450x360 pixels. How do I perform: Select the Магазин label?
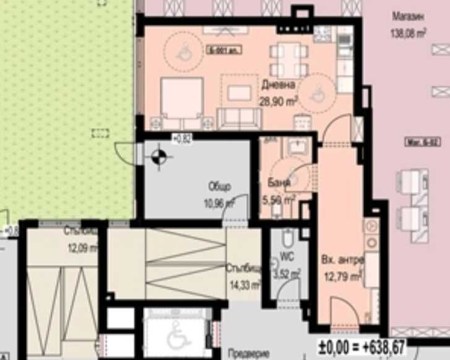(x=409, y=17)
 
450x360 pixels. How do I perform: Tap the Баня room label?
(x=277, y=182)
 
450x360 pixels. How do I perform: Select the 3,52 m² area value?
(x=287, y=271)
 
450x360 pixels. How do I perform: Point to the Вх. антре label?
(x=340, y=259)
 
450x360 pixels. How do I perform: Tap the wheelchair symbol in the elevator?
(x=176, y=337)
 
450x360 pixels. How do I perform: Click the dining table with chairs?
(x=288, y=60)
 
